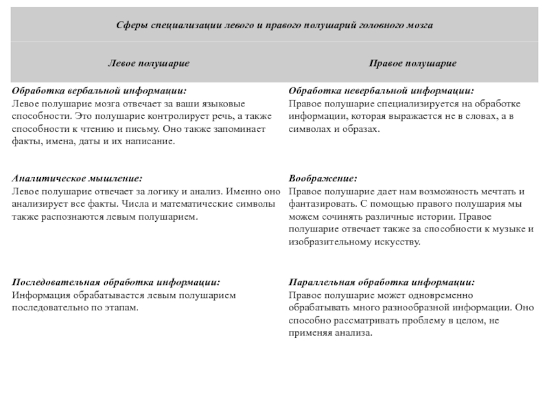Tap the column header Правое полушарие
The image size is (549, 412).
pyautogui.click(x=413, y=63)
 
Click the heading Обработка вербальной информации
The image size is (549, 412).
pyautogui.click(x=99, y=91)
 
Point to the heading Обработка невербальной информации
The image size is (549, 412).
pyautogui.click(x=381, y=91)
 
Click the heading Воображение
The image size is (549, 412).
pyautogui.click(x=323, y=178)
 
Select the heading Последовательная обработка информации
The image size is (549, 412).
pyautogui.click(x=117, y=283)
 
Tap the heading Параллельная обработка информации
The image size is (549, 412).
pyautogui.click(x=381, y=283)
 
